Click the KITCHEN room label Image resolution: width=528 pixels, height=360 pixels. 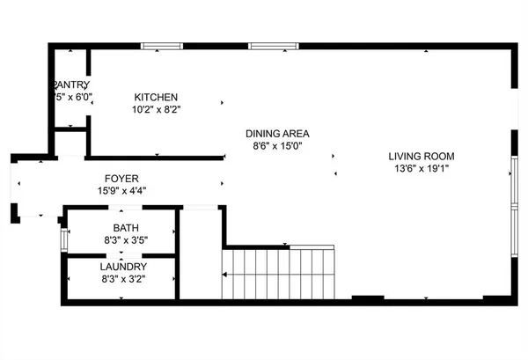[156, 98]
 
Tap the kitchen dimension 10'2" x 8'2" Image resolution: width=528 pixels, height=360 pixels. [156, 111]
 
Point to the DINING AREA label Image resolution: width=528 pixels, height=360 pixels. [277, 134]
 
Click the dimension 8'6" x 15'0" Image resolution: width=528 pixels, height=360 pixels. [277, 147]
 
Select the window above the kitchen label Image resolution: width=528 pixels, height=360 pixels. [162, 46]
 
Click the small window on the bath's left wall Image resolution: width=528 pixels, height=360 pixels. [62, 235]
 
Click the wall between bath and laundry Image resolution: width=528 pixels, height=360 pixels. [122, 254]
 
